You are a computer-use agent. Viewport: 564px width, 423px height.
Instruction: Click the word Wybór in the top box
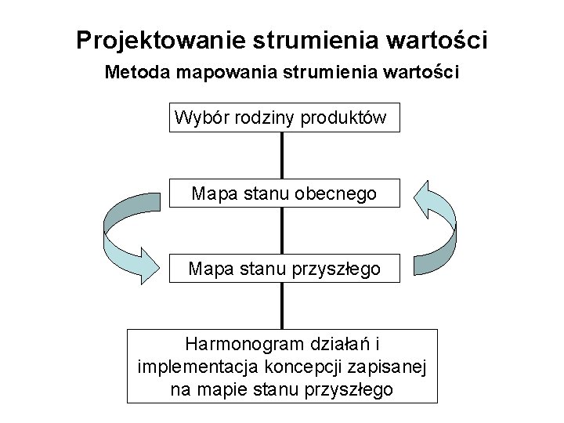[x=198, y=117]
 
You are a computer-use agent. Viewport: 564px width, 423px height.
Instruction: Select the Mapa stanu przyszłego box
[x=284, y=269]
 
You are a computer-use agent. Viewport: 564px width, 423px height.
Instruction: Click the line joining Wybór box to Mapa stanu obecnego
[x=282, y=156]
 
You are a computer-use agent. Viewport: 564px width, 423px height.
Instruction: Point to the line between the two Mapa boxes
[x=282, y=230]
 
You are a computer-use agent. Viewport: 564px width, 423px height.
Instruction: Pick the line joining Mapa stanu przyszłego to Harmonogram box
[x=282, y=306]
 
